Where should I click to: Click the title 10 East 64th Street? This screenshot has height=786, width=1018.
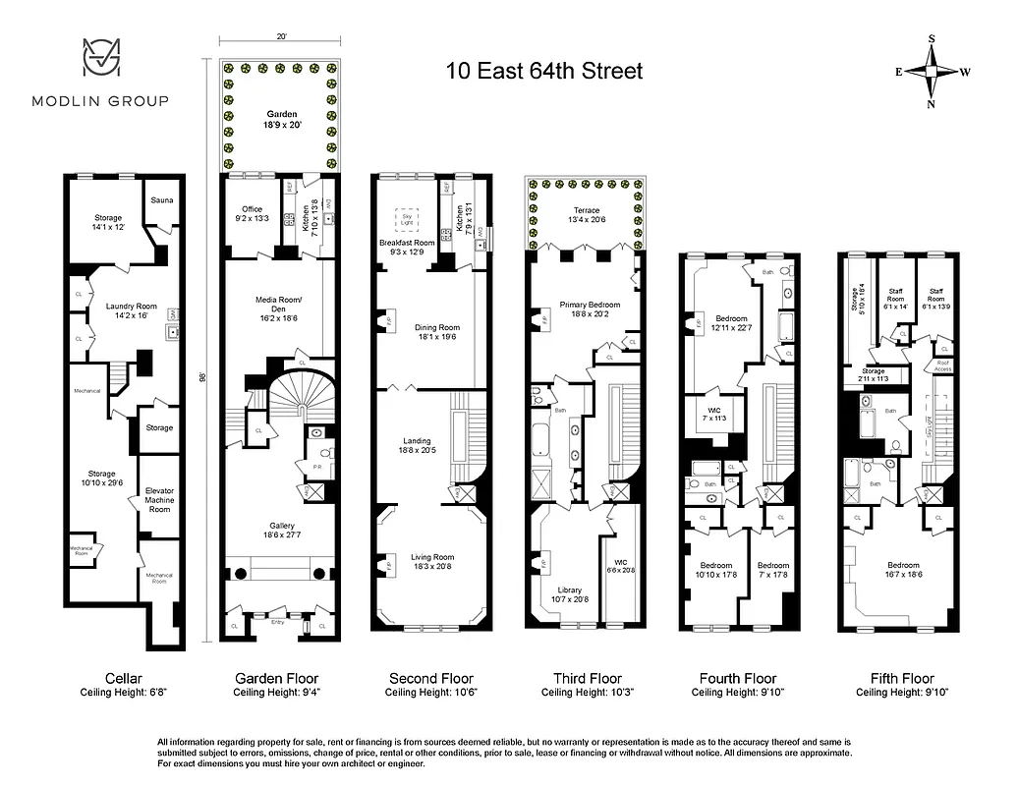pyautogui.click(x=544, y=71)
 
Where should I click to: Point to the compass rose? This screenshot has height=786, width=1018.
pyautogui.click(x=931, y=72)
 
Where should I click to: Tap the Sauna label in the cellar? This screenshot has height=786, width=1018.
pyautogui.click(x=162, y=199)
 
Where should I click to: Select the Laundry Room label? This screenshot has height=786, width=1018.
pyautogui.click(x=131, y=311)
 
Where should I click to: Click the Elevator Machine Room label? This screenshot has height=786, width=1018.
pyautogui.click(x=159, y=500)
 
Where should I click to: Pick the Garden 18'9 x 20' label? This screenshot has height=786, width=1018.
pyautogui.click(x=281, y=120)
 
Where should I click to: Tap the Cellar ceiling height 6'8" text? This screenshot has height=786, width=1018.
pyautogui.click(x=124, y=692)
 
